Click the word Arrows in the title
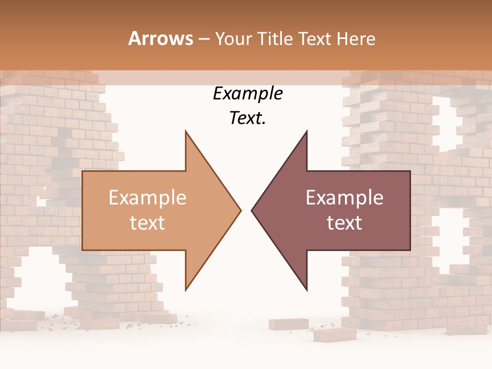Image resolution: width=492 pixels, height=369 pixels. tap(160, 38)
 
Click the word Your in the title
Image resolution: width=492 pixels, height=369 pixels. tap(232, 38)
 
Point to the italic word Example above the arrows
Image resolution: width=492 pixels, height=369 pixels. tap(248, 94)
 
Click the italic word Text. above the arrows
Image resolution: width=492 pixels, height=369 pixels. tap(248, 118)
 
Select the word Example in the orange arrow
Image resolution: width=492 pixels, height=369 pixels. tap(147, 198)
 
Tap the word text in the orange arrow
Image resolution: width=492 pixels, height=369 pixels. tap(147, 223)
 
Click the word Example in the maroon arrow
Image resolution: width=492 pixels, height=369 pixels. tap(344, 198)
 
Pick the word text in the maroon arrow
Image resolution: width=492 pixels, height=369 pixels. tap(344, 223)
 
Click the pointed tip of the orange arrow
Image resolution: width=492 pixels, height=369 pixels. tap(240, 210)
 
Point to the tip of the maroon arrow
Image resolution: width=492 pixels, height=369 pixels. tap(252, 210)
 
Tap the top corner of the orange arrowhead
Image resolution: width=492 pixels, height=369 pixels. tap(186, 132)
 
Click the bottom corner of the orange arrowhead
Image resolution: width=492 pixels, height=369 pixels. tap(186, 289)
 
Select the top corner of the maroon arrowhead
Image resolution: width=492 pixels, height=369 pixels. tap(306, 132)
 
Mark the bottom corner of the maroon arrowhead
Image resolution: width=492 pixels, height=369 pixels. tap(306, 289)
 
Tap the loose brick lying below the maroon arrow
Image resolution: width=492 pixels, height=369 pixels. tap(335, 334)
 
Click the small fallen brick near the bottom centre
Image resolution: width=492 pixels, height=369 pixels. tap(288, 324)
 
